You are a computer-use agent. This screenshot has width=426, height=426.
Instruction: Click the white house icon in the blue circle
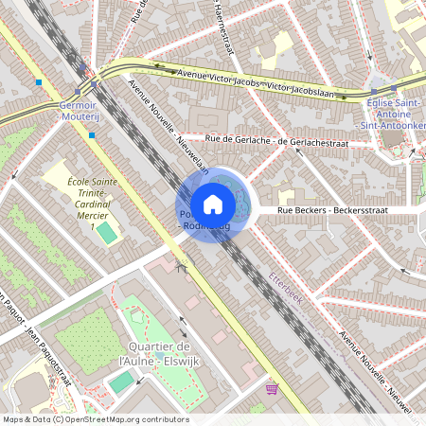point(213,204)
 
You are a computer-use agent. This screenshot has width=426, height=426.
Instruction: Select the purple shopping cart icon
point(273,387)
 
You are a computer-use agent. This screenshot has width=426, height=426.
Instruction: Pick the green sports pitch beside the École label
point(108,232)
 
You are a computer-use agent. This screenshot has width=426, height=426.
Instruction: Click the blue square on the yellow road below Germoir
point(92,135)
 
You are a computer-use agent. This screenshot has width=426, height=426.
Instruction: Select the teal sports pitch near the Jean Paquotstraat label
point(121,382)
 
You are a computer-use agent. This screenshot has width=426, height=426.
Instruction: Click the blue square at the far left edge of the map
point(39,82)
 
